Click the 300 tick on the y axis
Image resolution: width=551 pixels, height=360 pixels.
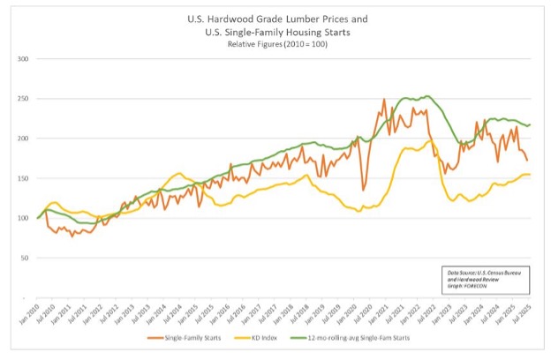[24, 59]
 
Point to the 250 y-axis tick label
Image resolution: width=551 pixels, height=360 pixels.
[24, 99]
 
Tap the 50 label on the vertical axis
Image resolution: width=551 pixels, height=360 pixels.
[26, 258]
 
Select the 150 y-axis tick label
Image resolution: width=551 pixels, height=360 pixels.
[24, 178]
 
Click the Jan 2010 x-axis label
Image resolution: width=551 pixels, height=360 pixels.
[35, 313]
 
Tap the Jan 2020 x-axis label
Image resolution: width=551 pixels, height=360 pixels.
[351, 313]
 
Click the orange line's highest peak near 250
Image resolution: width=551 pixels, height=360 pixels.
[384, 100]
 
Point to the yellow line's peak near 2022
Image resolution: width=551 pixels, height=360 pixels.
[430, 140]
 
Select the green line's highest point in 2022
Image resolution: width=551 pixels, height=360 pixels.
[427, 96]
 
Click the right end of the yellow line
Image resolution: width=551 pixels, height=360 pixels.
[530, 175]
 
